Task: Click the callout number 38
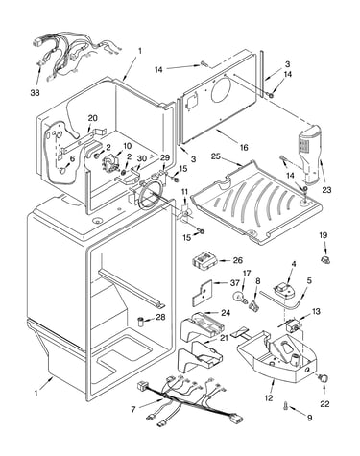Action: tap(36, 93)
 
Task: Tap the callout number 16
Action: tap(244, 147)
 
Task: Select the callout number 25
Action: tap(216, 156)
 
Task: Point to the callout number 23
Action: tap(326, 190)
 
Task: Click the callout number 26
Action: tap(238, 260)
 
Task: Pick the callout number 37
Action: tap(234, 283)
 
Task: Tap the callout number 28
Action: tap(160, 317)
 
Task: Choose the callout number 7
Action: tap(133, 409)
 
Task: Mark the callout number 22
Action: tap(324, 404)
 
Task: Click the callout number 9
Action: tap(309, 418)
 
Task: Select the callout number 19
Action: tap(324, 235)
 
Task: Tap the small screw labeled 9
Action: tap(285, 406)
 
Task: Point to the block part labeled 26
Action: tap(204, 260)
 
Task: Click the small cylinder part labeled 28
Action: tap(141, 321)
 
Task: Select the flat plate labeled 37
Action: tap(203, 293)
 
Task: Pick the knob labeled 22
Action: tap(324, 378)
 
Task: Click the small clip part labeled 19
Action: tap(325, 259)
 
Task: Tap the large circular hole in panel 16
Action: tap(221, 87)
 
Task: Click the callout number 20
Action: tap(93, 118)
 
